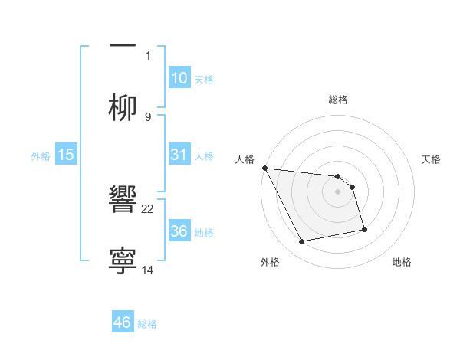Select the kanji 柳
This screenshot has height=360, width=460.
[x=123, y=107]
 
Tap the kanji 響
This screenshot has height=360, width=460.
[x=123, y=201]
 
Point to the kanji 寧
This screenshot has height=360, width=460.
[x=123, y=260]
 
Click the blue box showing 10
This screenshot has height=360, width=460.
[x=179, y=78]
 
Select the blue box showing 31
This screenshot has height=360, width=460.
[x=179, y=155]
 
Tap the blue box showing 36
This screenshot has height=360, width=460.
[x=179, y=231]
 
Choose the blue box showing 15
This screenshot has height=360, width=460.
[x=66, y=155]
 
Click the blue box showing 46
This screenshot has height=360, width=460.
[x=123, y=322]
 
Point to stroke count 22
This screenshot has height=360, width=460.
[x=148, y=208]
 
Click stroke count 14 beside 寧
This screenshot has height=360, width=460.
[x=148, y=270]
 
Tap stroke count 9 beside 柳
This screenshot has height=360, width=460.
[x=148, y=116]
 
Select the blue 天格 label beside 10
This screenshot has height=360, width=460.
[x=204, y=80]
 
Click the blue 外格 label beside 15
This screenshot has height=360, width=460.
[x=41, y=156]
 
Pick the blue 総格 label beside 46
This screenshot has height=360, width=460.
[x=147, y=324]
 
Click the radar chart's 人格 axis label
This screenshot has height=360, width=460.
[x=245, y=159]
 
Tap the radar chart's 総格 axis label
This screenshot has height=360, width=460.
[x=337, y=100]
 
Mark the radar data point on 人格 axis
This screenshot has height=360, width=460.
[x=264, y=168]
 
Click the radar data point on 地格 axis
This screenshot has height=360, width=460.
[x=364, y=229]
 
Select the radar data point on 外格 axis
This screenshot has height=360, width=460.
[x=301, y=242]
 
